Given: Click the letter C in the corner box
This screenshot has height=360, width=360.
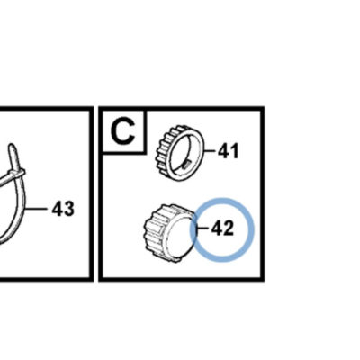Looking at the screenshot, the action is pos(122,131).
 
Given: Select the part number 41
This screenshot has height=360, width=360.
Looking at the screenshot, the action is pos(228,151).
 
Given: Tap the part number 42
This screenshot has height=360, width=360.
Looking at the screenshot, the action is pos(222,229).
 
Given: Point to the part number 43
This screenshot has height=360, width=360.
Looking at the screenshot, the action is pos(63,209).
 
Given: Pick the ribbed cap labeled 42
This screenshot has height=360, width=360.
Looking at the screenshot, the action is pos(170,232).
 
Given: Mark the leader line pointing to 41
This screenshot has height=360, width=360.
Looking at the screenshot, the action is pos(211,151).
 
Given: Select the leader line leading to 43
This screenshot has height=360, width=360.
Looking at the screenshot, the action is pos(36,208).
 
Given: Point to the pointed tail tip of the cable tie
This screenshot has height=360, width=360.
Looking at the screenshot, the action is pos(12,147).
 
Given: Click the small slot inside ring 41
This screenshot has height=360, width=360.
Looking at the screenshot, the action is pos(187,164).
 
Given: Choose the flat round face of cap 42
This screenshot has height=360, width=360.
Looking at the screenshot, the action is pos(180,237).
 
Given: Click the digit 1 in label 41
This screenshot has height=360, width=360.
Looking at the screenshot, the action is pos(234,151).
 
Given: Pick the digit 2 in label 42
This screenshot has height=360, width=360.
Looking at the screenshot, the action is pos(228,229).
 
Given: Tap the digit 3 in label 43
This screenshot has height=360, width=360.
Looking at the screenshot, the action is pos(68,209).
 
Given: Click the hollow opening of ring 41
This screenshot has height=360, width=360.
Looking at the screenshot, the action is pos(184,152).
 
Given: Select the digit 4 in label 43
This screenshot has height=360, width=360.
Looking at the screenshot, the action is pos(58,209).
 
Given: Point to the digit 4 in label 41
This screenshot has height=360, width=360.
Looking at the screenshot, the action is pos(223,151).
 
